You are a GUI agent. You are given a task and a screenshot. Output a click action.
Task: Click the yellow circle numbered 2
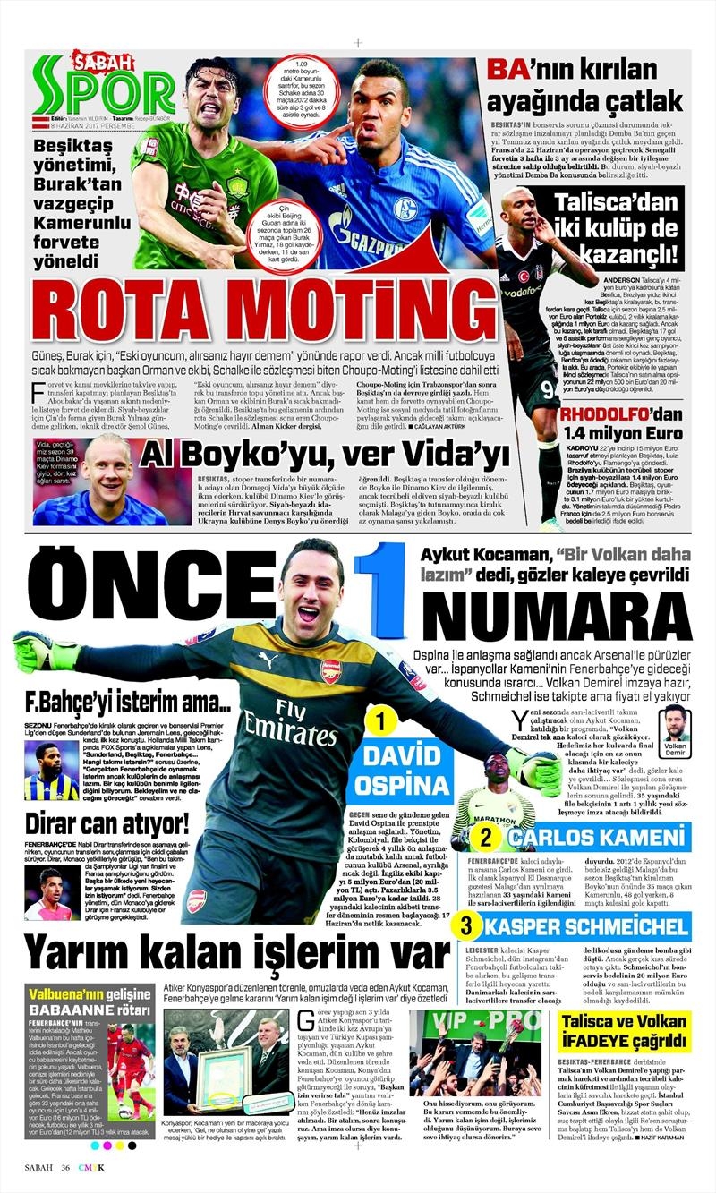[485, 839]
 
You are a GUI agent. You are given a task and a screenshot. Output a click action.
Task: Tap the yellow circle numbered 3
[466, 924]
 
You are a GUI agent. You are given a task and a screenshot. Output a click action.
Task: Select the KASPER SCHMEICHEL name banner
[586, 925]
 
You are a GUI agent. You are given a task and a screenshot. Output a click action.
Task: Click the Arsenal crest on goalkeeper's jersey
[331, 670]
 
